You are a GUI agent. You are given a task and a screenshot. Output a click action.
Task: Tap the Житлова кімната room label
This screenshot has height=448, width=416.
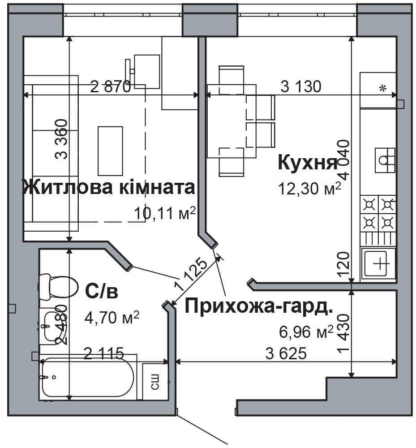coord(109,187)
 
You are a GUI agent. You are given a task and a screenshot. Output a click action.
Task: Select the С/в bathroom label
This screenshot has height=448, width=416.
coord(102,291)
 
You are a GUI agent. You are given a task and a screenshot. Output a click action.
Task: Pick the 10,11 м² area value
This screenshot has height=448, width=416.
coord(165,214)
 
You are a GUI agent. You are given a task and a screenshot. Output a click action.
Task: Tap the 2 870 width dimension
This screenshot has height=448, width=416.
coord(110,86)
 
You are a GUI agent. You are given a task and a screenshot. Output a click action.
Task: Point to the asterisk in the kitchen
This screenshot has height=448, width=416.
coord(382,89)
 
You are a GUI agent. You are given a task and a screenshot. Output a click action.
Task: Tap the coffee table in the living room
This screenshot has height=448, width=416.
coord(110,151)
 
